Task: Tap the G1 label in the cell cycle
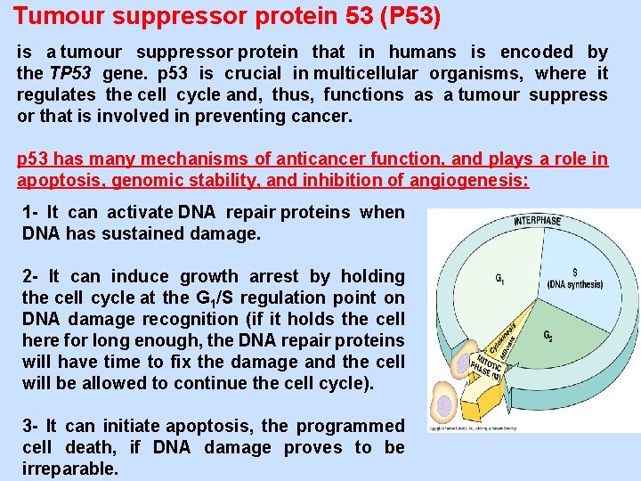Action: (x=501, y=278)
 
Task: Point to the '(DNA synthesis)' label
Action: (x=574, y=285)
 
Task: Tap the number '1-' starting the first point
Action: (x=32, y=212)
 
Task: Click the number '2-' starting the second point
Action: (x=32, y=276)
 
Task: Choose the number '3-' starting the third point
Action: (x=32, y=426)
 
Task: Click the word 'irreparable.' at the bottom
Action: (x=69, y=469)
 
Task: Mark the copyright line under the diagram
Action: (x=499, y=428)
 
